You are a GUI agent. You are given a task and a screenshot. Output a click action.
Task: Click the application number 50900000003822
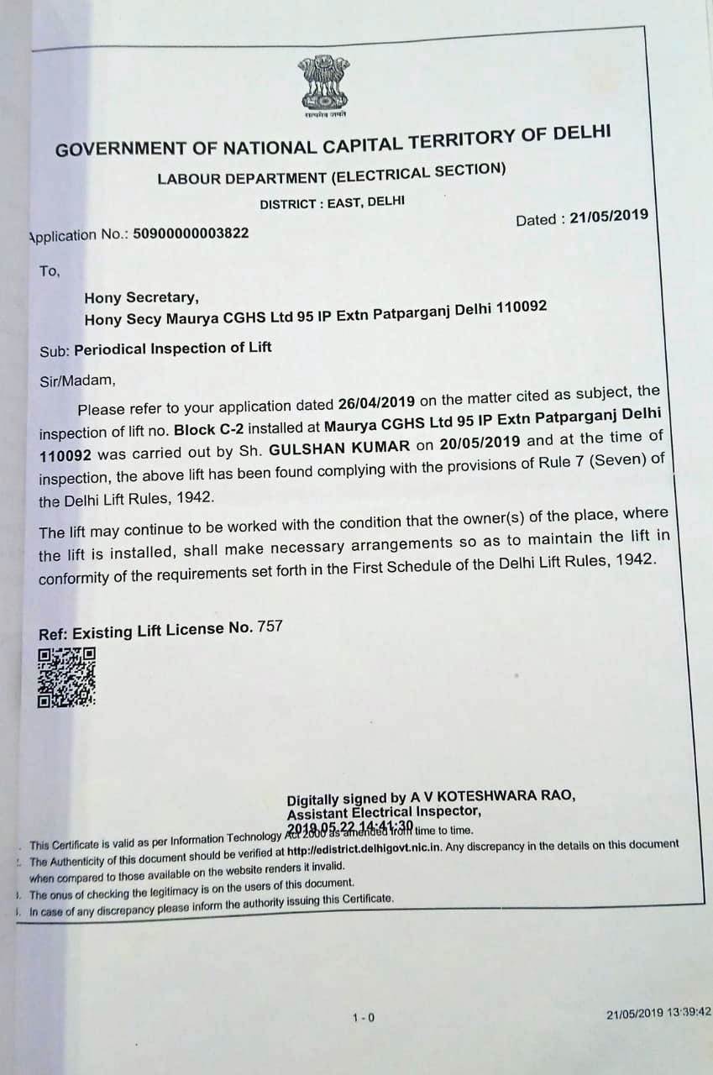[191, 233]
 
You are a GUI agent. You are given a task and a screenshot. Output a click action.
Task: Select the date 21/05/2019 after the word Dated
[609, 217]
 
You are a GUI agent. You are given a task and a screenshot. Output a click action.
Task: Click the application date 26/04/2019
[377, 401]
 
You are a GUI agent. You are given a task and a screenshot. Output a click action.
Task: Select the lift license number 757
[271, 626]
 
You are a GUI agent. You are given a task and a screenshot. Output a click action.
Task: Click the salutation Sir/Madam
[76, 380]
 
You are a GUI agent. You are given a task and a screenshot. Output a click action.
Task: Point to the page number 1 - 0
[364, 1018]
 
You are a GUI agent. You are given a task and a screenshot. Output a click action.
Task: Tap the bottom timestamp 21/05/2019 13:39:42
[659, 1013]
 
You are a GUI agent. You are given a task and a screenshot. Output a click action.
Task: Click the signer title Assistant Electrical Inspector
[385, 812]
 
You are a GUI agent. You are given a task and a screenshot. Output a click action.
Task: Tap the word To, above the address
[50, 271]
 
